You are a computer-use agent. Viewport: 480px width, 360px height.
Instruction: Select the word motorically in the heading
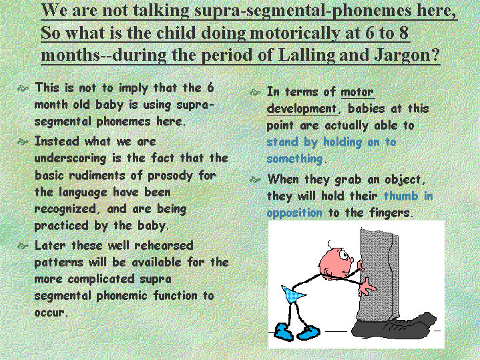pos(295,33)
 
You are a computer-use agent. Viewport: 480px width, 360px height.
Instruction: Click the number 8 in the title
pos(403,33)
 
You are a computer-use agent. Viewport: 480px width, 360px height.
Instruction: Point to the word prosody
pos(170,176)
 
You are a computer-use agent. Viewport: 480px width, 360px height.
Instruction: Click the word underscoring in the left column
pos(70,159)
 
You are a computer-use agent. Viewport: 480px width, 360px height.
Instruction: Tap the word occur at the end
pos(49,313)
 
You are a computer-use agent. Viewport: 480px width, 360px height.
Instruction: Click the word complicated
pos(101,279)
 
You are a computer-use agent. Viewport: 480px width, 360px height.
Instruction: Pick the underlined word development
pos(302,109)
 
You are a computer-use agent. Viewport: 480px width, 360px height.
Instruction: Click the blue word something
pos(294,160)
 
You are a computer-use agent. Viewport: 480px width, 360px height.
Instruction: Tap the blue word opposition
pos(294,213)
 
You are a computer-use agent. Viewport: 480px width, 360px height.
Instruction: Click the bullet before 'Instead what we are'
pos(23,142)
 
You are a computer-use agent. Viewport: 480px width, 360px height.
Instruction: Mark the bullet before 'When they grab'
pos(255,180)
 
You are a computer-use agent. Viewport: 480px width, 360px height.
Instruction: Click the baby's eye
pos(344,255)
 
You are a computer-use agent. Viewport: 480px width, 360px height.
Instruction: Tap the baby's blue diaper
pos(293,294)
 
